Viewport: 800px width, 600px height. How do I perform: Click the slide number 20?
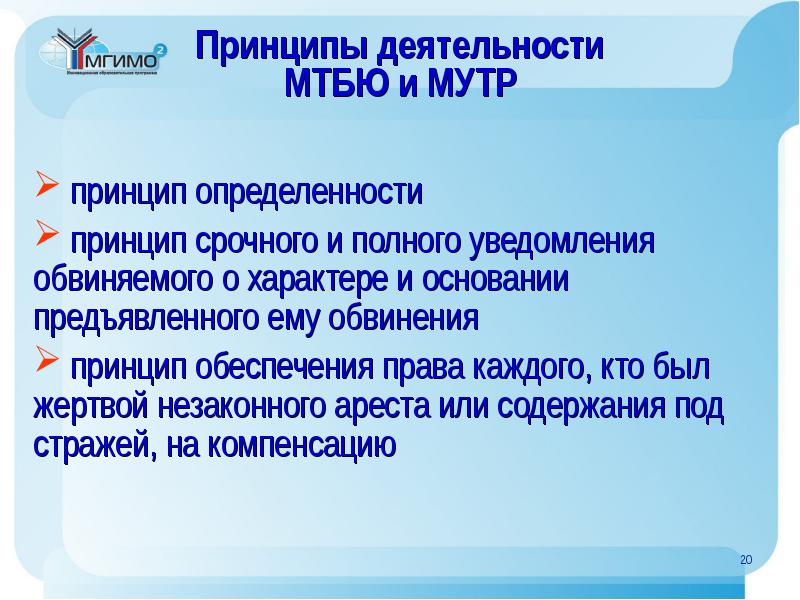745,561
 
